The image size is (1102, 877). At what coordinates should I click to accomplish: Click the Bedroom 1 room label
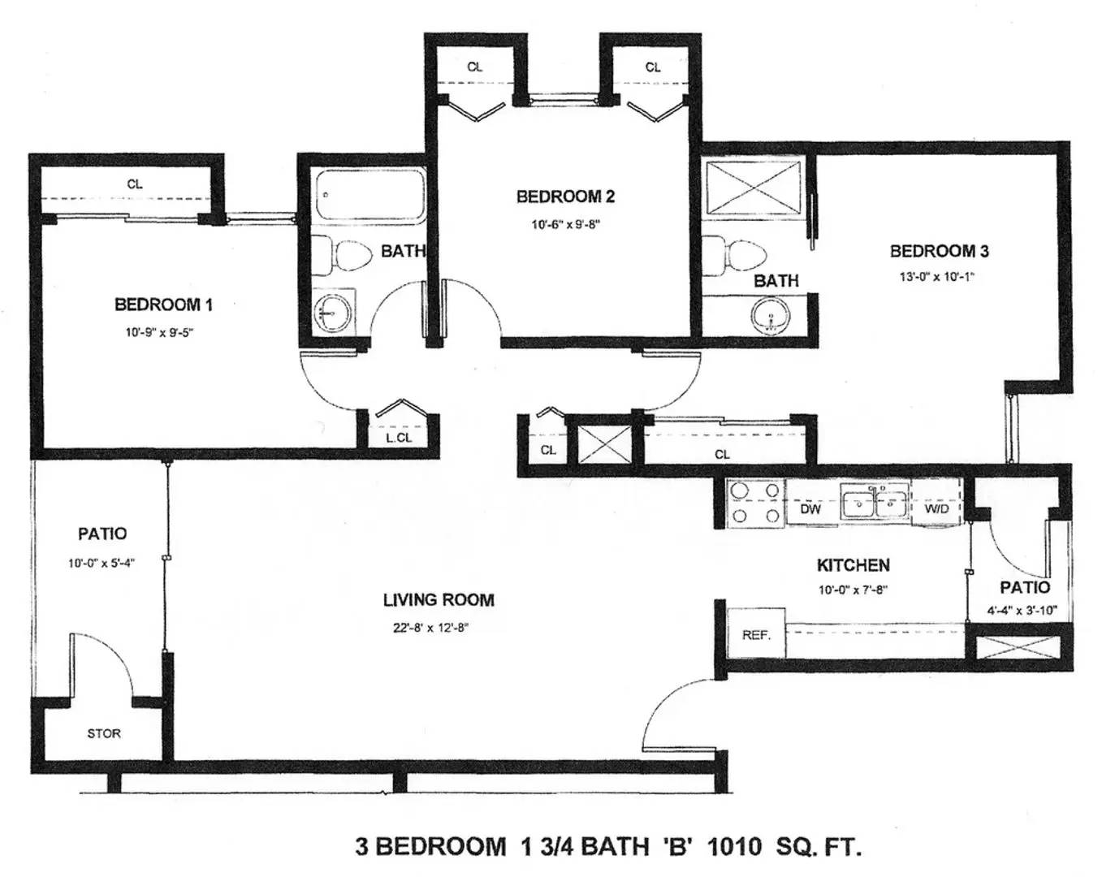point(163,305)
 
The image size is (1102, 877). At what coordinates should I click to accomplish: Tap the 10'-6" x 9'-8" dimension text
point(565,224)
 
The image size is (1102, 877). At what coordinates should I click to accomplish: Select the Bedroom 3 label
point(939,252)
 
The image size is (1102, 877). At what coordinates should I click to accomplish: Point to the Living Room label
point(439,599)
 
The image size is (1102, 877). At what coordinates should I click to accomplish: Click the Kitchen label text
point(854,565)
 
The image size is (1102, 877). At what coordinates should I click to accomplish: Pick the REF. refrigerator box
point(756,633)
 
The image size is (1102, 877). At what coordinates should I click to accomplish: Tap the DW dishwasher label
point(810,509)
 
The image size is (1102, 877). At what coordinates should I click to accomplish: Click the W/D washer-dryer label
point(937,509)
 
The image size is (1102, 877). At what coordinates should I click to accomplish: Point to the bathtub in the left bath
point(369,196)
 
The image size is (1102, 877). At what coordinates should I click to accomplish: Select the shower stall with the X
point(753,187)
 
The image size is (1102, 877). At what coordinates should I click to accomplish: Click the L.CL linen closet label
point(399,438)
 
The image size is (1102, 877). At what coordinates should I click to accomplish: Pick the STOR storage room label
point(104,733)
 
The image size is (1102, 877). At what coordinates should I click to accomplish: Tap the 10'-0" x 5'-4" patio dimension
point(102,564)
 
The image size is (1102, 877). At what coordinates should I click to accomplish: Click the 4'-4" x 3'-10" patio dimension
point(1022,611)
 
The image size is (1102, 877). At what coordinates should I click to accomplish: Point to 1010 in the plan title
point(734,846)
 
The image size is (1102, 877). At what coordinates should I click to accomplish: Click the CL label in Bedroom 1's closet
point(135,184)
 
